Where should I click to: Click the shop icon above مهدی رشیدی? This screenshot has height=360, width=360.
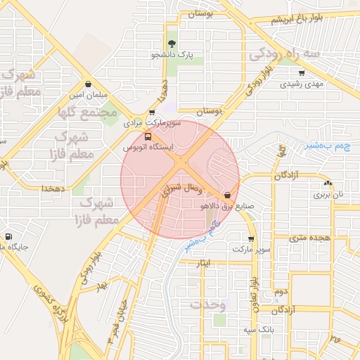302,72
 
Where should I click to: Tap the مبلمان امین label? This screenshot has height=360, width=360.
87,94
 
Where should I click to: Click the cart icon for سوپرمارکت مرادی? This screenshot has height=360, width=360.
153,112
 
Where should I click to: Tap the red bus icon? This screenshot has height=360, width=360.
148,137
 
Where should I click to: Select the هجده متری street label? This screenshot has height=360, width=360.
313,238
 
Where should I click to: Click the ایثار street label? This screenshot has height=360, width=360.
204,262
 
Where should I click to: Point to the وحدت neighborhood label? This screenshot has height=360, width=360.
207,304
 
